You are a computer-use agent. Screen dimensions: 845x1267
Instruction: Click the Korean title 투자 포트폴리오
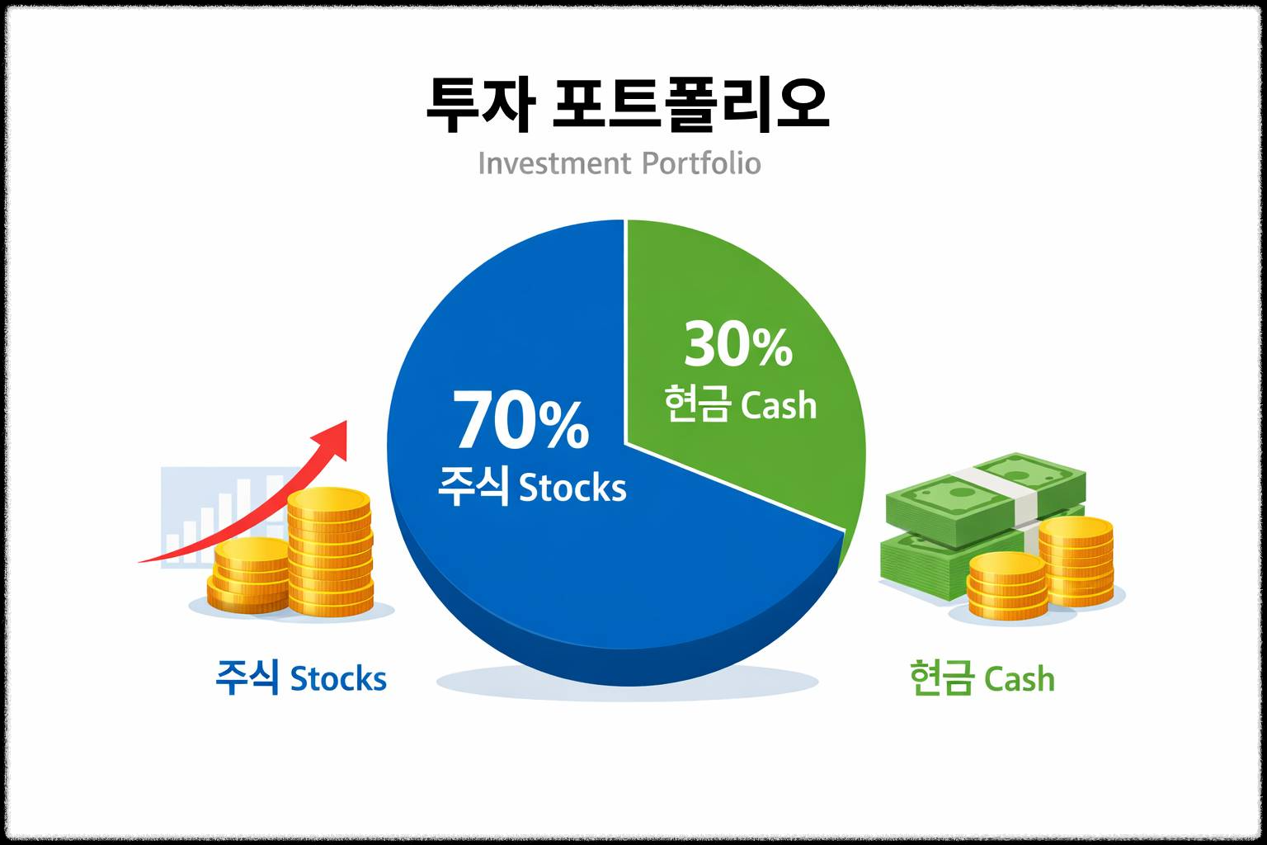[x=627, y=106]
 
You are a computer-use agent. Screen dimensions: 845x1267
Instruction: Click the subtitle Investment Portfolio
[x=619, y=163]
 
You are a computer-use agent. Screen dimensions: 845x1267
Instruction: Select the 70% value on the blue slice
[x=521, y=422]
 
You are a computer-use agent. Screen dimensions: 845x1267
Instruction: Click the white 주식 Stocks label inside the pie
[x=532, y=487]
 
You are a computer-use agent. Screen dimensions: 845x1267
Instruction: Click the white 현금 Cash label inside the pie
[x=740, y=405]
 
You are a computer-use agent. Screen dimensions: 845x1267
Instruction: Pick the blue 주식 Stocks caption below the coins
[x=300, y=678]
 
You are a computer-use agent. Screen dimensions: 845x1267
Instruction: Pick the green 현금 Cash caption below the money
[x=982, y=678]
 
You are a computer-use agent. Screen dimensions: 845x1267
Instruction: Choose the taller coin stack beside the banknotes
[x=1076, y=561]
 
